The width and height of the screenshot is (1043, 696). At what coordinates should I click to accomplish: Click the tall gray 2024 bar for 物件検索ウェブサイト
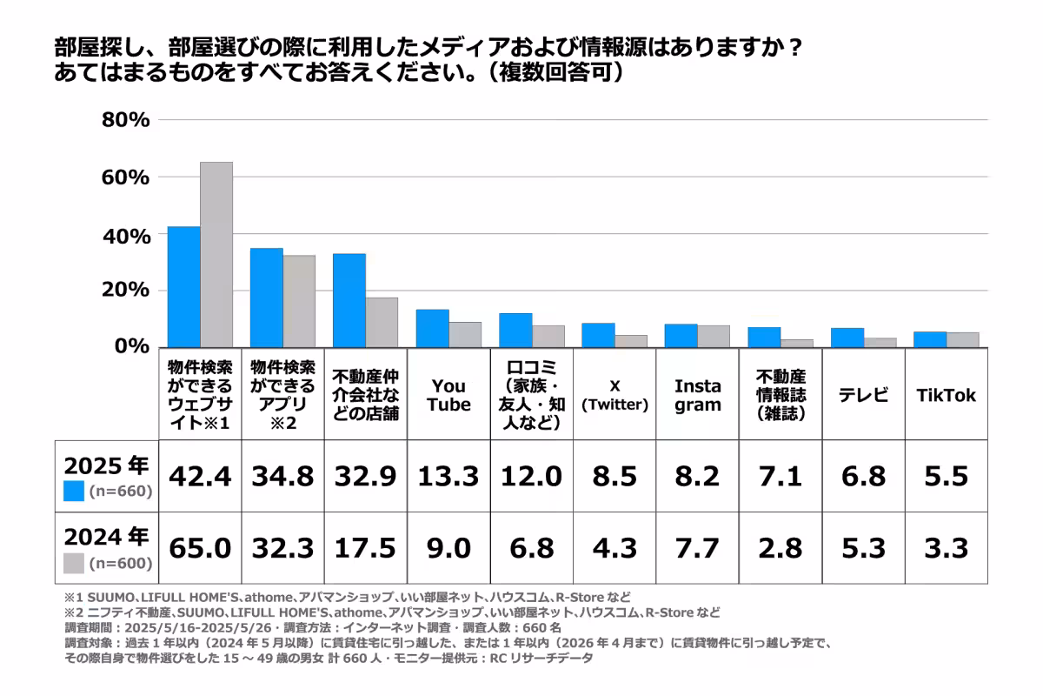[x=216, y=254]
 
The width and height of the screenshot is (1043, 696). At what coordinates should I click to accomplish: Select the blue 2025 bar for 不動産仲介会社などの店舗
[x=349, y=300]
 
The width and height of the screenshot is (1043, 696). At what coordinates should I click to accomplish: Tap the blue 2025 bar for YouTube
[x=432, y=328]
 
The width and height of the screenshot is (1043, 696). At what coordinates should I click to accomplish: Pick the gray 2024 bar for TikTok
[x=962, y=339]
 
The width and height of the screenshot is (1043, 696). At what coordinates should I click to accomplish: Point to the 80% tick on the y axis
[x=126, y=120]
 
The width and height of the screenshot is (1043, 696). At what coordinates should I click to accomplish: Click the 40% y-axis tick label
[x=126, y=236]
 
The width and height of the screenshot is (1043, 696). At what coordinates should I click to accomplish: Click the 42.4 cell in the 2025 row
[x=200, y=476]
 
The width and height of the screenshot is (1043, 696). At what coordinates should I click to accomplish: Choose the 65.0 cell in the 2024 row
[x=200, y=548]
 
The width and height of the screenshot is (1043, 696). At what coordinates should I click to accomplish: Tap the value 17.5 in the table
[x=365, y=548]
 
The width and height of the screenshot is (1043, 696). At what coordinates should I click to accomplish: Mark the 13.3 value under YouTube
[x=448, y=476]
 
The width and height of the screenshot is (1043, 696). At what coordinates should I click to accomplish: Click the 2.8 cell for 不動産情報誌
[x=780, y=548]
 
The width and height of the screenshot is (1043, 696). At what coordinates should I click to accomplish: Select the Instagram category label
[x=697, y=395]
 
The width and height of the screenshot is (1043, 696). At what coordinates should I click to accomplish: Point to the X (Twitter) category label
[x=615, y=395]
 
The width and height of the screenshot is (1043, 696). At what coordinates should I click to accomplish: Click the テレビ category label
[x=863, y=395]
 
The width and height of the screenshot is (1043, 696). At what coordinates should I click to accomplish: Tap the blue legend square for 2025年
[x=75, y=492]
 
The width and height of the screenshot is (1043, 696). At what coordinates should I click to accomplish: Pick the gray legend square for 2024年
[x=75, y=564]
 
